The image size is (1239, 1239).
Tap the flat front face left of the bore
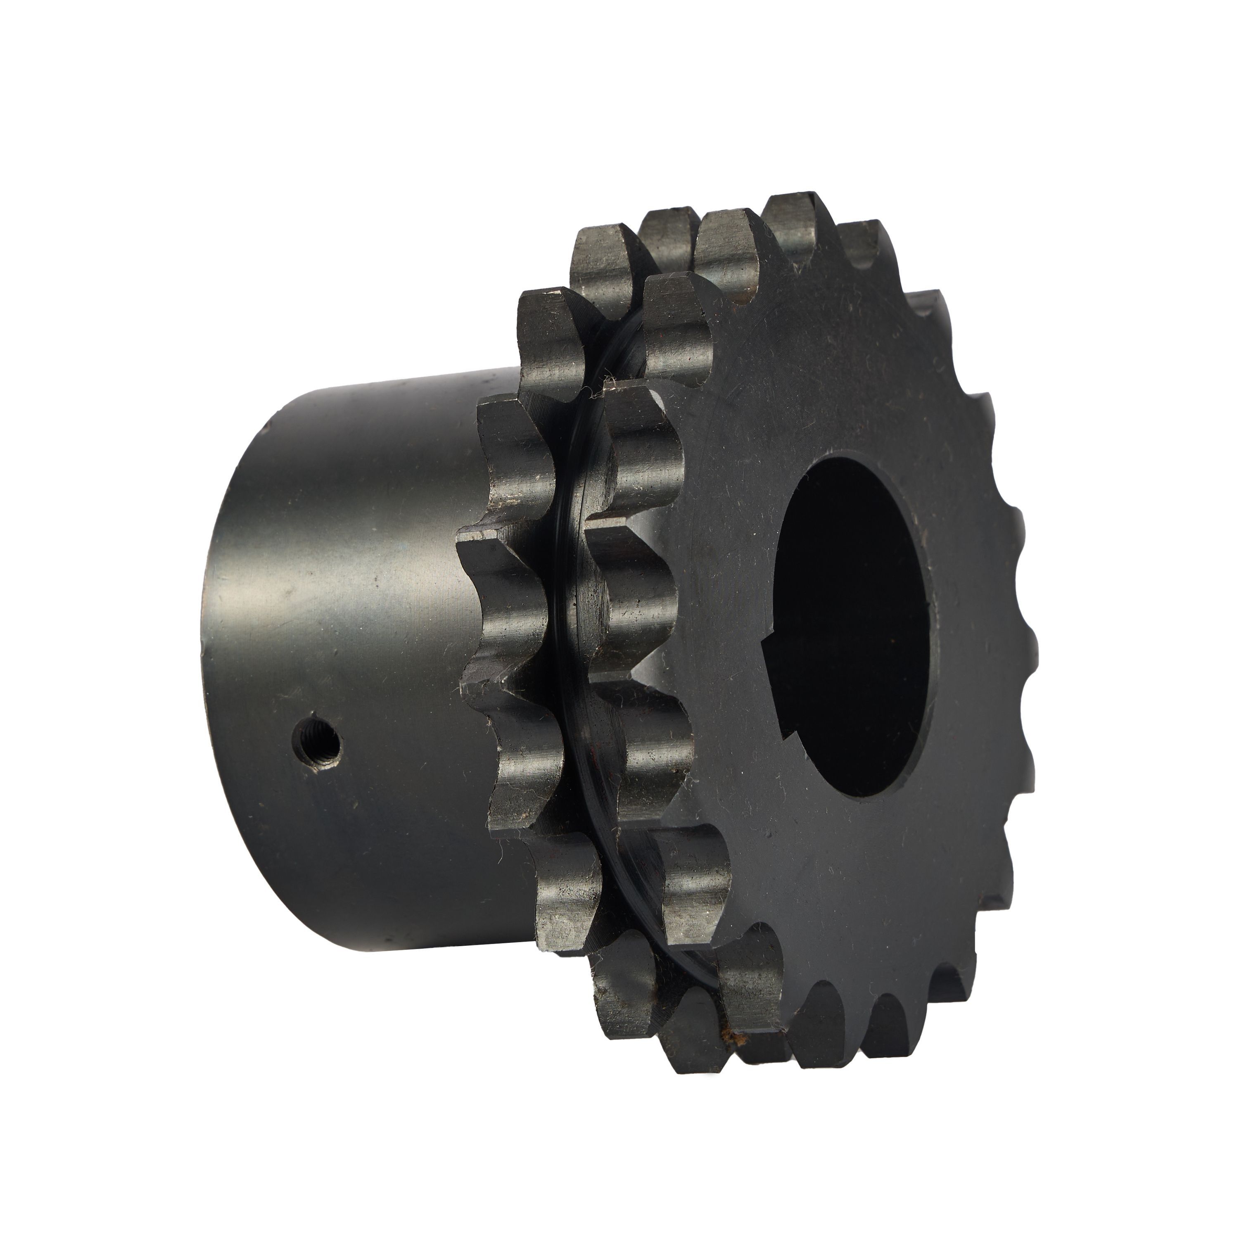[725, 629]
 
